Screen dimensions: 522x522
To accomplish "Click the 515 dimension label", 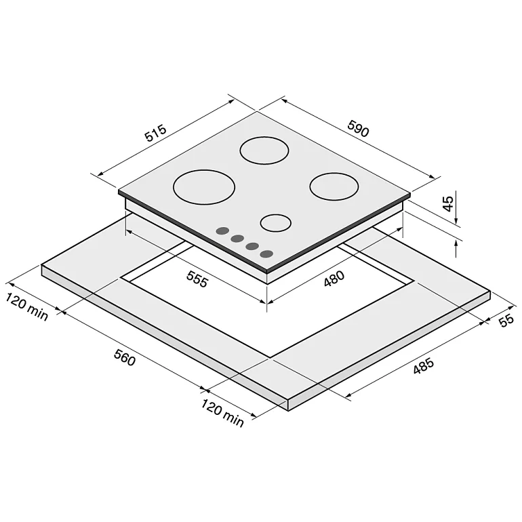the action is pyautogui.click(x=155, y=133).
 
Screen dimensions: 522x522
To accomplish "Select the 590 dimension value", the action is pyautogui.click(x=358, y=128).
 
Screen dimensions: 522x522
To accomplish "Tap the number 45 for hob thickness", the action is pyautogui.click(x=448, y=204).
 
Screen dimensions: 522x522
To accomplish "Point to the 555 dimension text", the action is pyautogui.click(x=197, y=279).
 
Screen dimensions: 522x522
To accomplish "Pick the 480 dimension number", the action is pyautogui.click(x=334, y=279).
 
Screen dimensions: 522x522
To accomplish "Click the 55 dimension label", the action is pyautogui.click(x=506, y=320).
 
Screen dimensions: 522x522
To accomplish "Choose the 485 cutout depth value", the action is pyautogui.click(x=423, y=365).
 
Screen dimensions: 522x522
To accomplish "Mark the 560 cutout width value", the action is pyautogui.click(x=125, y=357).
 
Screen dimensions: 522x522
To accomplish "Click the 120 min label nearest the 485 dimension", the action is pyautogui.click(x=222, y=413).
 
